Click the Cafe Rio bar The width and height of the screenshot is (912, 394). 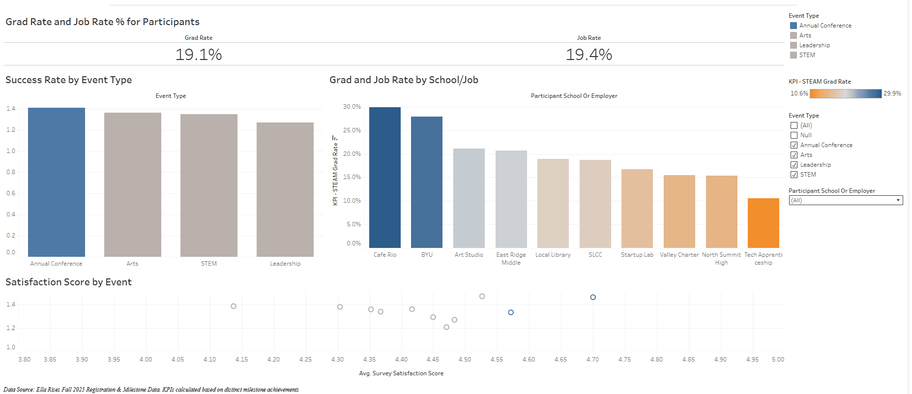pos(384,178)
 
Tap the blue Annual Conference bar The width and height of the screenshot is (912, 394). pos(56,182)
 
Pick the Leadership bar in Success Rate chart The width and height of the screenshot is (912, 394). pos(285,189)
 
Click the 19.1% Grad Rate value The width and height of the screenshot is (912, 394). pos(199,54)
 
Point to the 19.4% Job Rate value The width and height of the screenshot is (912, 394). pos(588,54)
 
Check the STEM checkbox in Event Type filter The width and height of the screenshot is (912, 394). pos(794,175)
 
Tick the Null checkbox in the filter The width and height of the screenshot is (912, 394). pos(794,135)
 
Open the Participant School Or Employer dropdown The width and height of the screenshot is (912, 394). pos(846,200)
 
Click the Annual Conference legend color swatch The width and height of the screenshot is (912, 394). pos(793,26)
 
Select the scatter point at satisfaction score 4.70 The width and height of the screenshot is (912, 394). pos(593,297)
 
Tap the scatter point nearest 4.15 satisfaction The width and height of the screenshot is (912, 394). pos(234,306)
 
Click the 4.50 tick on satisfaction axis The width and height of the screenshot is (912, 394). pos(465,360)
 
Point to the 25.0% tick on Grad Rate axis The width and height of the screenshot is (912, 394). pos(352,130)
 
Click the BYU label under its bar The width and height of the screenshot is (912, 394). pos(427,255)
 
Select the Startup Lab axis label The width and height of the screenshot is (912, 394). pos(637,255)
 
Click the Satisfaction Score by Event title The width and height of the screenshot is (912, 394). pos(68,282)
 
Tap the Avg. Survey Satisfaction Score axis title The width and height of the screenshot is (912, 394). pos(401,373)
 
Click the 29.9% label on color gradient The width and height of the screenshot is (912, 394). pos(892,93)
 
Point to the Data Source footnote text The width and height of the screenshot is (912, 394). pos(151,390)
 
